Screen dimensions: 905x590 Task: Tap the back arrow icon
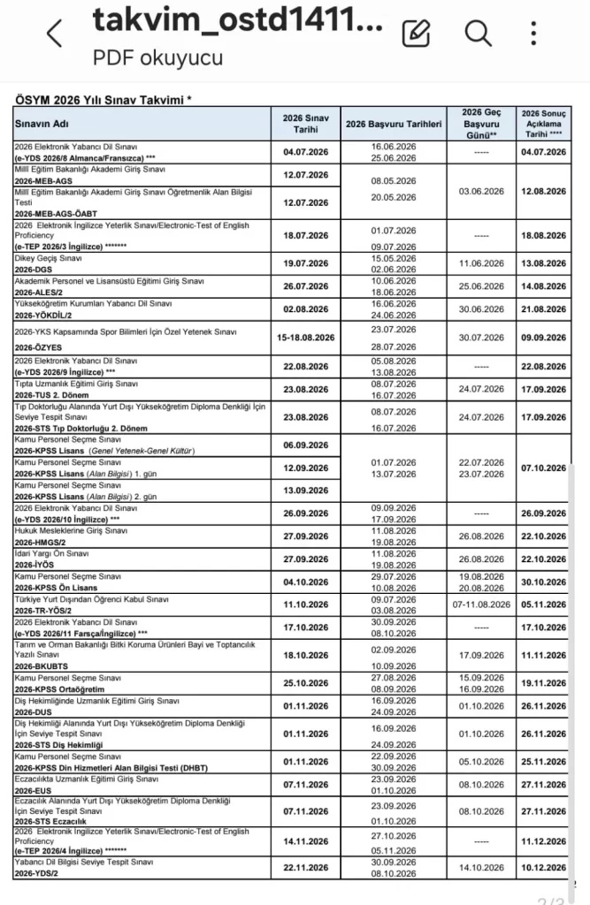point(55,34)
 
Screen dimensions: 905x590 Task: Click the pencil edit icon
point(417,33)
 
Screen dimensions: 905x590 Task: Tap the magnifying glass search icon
point(478,33)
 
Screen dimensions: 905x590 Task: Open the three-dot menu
point(533,33)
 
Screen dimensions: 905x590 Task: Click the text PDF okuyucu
point(158,58)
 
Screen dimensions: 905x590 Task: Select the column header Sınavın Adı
point(42,124)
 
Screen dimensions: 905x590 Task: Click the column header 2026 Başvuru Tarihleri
point(394,124)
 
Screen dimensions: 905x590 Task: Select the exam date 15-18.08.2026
point(305,337)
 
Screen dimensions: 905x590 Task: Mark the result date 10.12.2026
point(543,867)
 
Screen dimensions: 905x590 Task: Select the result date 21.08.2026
point(543,309)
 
